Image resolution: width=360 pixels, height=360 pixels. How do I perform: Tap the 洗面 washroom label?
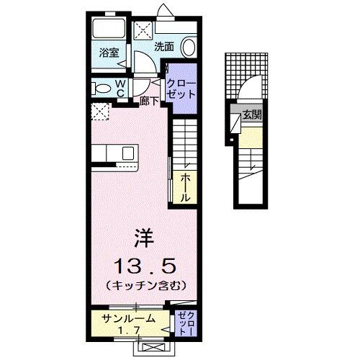tap(164, 47)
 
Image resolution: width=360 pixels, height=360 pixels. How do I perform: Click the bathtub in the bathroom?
tap(109, 30)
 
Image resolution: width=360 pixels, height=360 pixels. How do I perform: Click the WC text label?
tap(122, 89)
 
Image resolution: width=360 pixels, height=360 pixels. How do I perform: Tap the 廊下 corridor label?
tap(149, 102)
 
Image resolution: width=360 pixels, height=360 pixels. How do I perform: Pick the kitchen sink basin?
tap(127, 153)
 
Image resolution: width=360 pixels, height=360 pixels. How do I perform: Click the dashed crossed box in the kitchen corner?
tap(99, 111)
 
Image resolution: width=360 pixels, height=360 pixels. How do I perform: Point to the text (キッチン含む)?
tap(147, 285)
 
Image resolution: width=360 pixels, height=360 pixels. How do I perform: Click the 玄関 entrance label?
tap(252, 114)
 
